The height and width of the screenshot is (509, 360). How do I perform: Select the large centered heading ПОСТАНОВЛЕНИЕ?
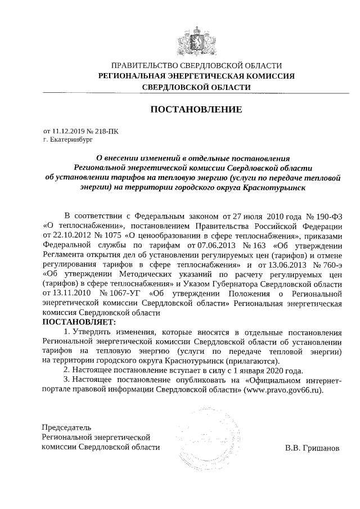[196, 109]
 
